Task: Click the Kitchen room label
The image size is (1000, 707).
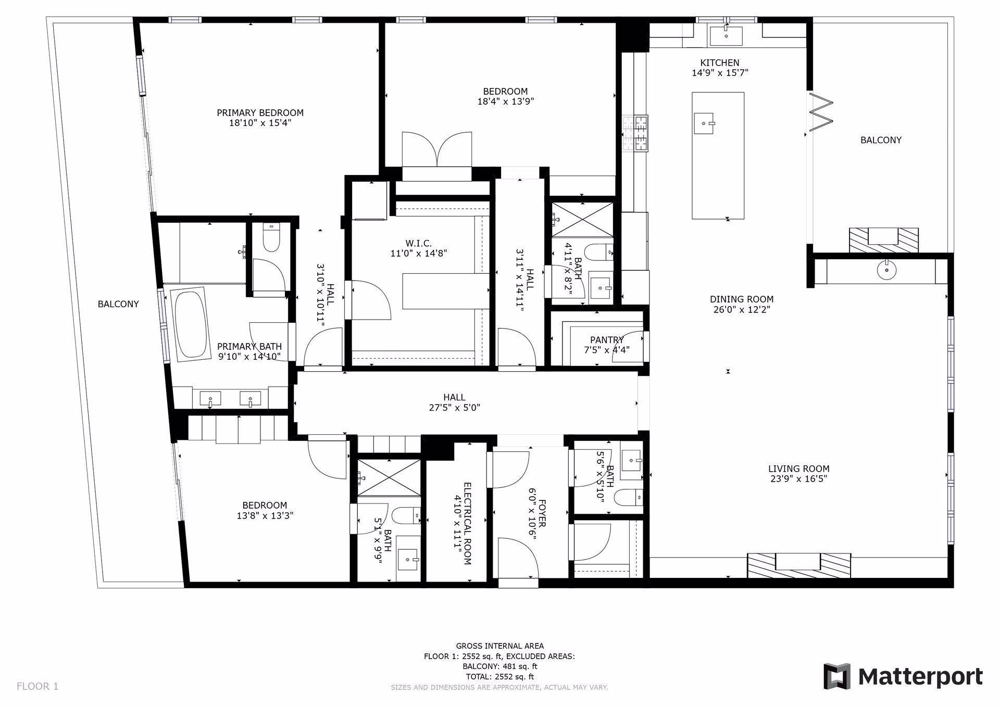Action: (x=719, y=62)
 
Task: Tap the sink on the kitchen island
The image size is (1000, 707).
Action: (x=704, y=123)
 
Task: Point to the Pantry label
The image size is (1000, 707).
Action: (x=607, y=340)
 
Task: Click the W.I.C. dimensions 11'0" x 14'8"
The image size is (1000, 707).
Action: (x=419, y=254)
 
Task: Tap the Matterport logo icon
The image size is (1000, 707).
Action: (x=836, y=676)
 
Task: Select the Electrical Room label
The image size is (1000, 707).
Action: (x=467, y=523)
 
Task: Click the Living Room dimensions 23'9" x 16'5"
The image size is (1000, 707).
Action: (x=798, y=479)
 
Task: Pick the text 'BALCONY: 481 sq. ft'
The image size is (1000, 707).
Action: (x=499, y=666)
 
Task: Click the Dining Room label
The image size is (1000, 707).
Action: (x=741, y=299)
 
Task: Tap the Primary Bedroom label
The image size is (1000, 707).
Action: (x=260, y=113)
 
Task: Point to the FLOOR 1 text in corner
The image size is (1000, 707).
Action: (x=37, y=686)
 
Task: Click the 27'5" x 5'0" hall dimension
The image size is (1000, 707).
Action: (x=454, y=408)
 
